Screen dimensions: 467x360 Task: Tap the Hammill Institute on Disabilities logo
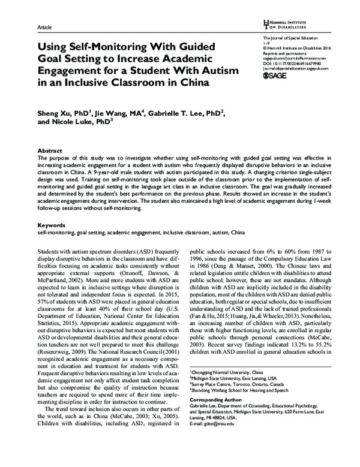click(286, 23)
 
